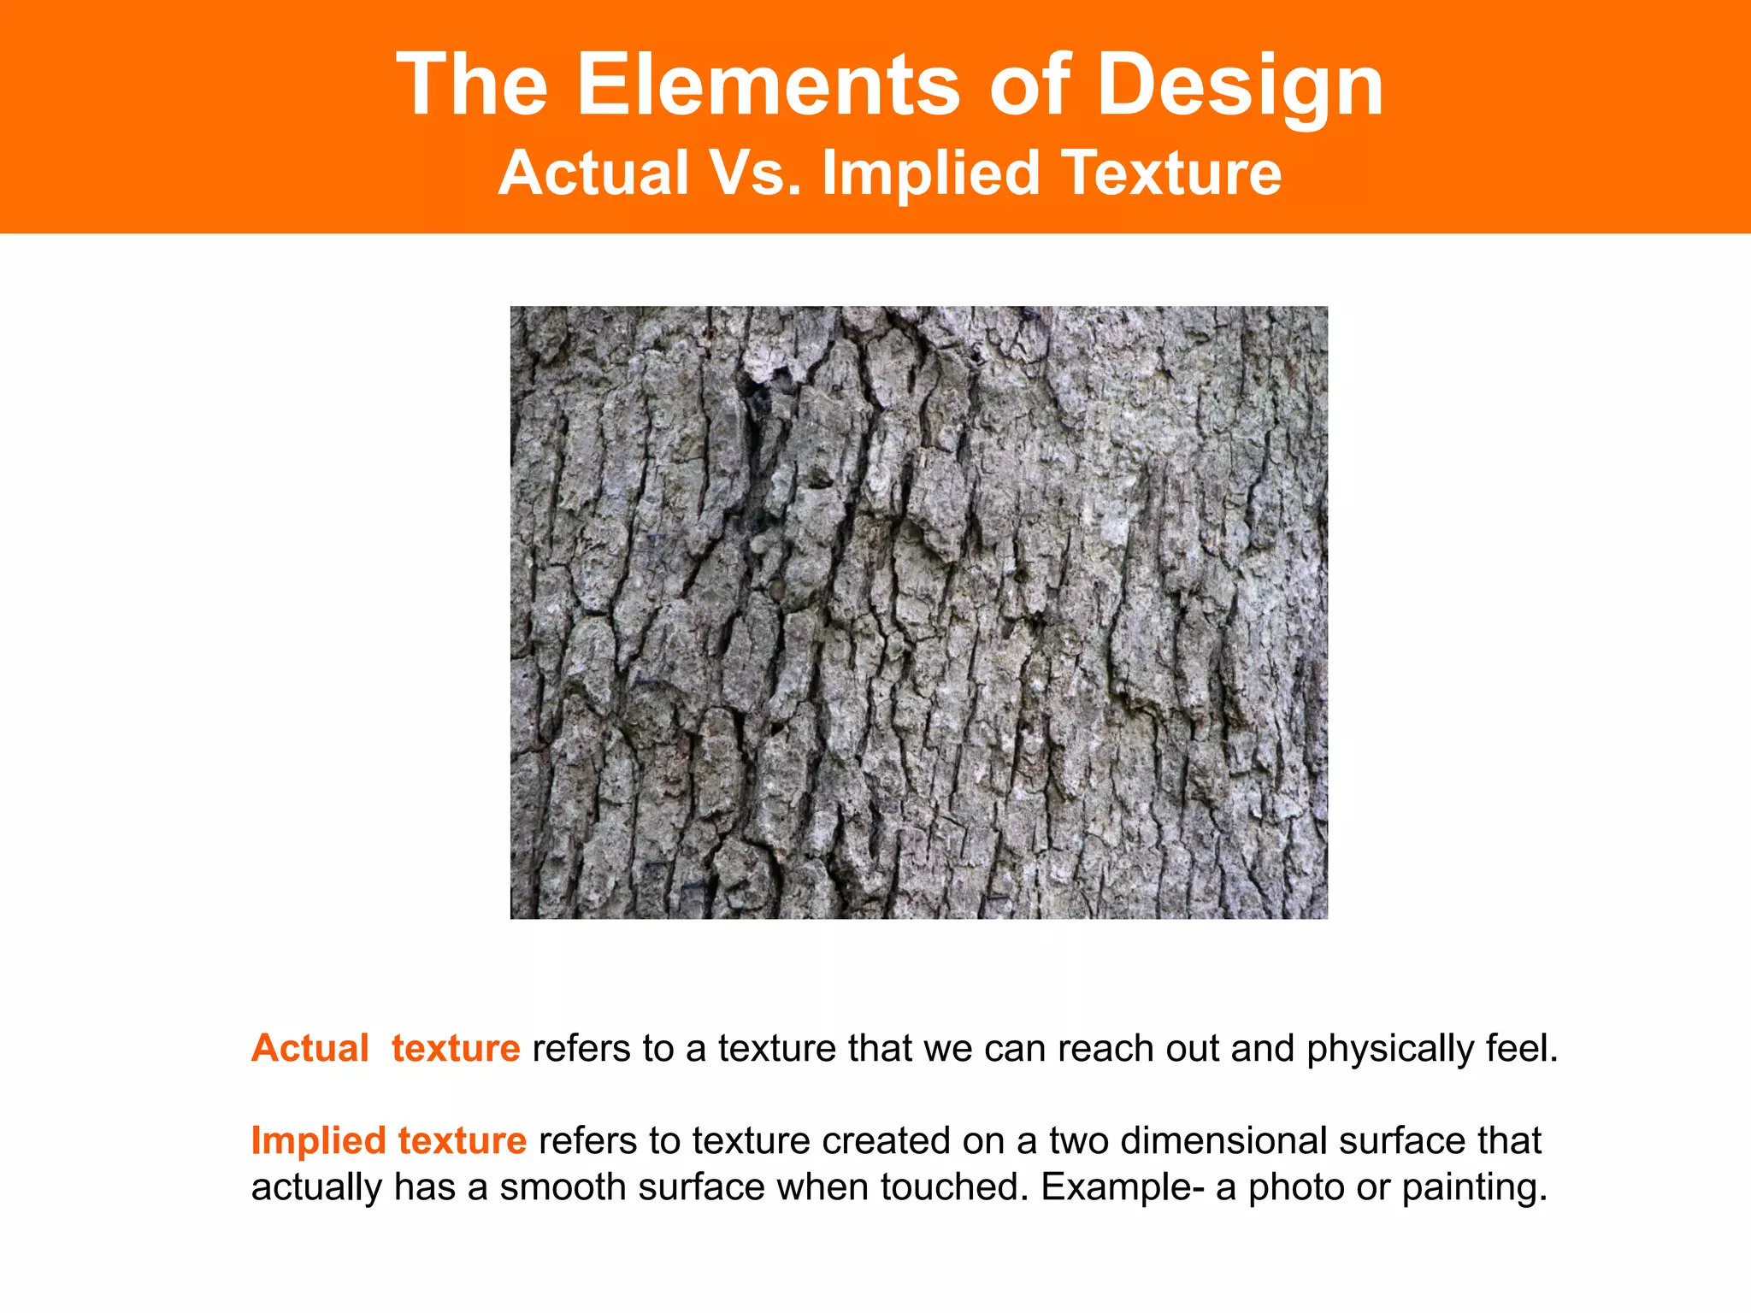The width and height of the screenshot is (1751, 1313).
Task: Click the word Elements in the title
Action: [x=767, y=84]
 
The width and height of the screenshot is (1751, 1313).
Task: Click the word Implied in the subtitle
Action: [x=929, y=173]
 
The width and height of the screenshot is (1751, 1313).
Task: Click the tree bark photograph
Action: [x=918, y=612]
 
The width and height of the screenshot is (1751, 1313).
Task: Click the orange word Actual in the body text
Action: [x=310, y=1048]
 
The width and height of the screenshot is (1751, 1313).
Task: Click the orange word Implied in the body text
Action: [x=318, y=1141]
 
